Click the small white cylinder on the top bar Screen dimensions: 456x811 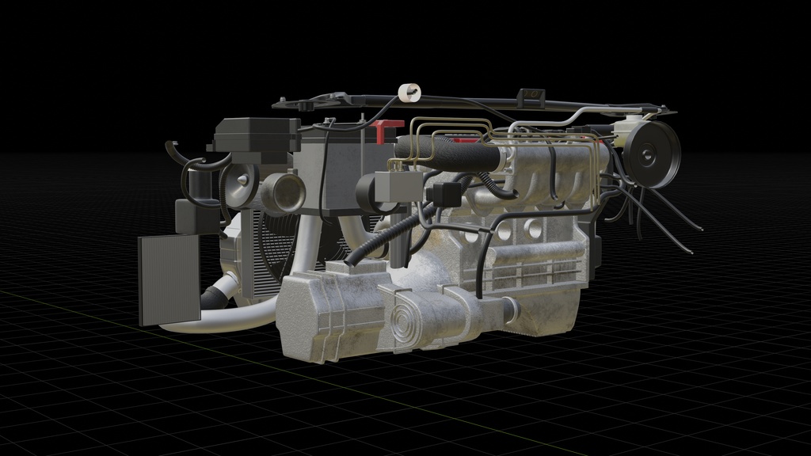coord(408,93)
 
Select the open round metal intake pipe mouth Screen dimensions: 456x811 coord(283,192)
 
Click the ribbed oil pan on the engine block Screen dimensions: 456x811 coord(539,269)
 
